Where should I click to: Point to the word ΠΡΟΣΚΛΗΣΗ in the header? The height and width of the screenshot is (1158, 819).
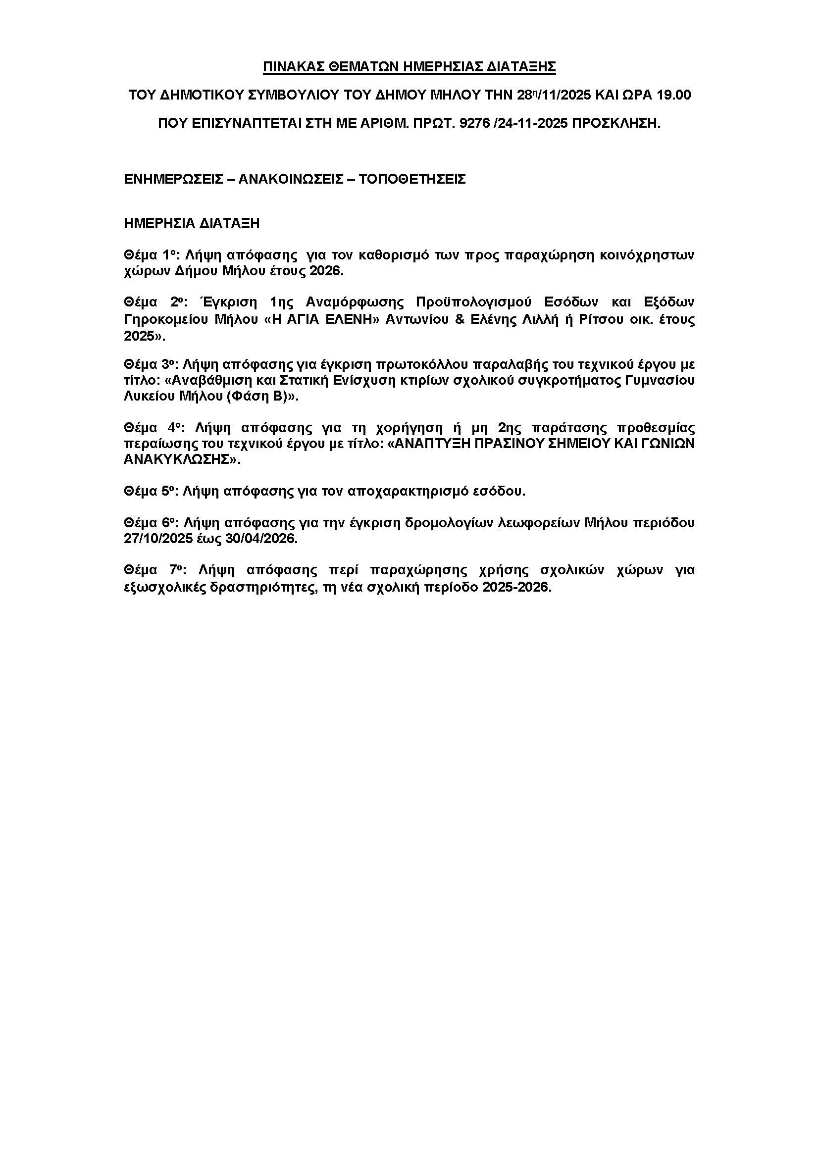[x=615, y=124]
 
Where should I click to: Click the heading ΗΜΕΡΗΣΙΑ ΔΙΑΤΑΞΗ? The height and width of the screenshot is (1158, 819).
[x=192, y=223]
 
